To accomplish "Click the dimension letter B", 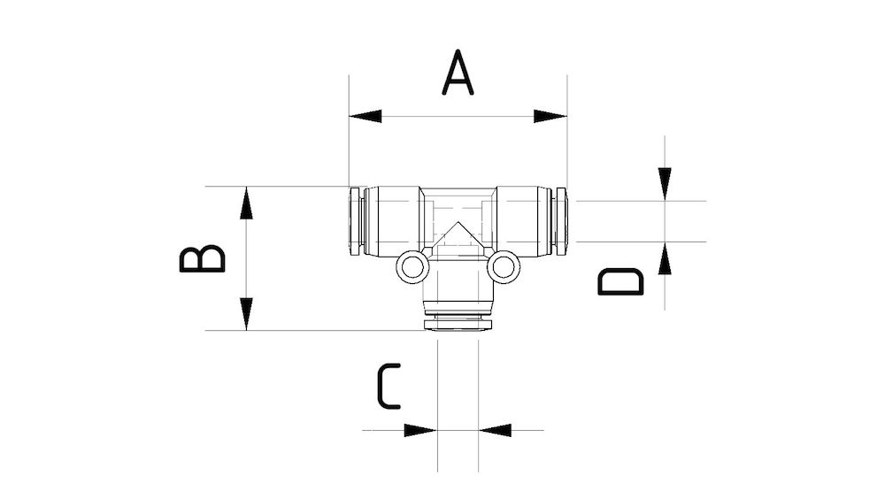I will pyautogui.click(x=203, y=258).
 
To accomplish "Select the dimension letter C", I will pyautogui.click(x=389, y=387).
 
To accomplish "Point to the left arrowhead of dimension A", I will pyautogui.click(x=366, y=116).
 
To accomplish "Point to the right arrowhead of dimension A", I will pyautogui.click(x=550, y=116).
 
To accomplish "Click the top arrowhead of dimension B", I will pyautogui.click(x=247, y=203).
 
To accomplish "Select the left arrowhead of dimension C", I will pyautogui.click(x=419, y=431).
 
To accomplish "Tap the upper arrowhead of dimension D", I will pyautogui.click(x=665, y=184).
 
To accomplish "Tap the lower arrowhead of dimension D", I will pyautogui.click(x=665, y=259).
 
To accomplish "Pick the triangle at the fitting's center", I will pyautogui.click(x=458, y=236).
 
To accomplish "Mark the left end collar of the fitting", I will pyautogui.click(x=355, y=222).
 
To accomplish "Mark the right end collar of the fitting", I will pyautogui.click(x=560, y=222).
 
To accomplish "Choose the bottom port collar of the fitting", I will pyautogui.click(x=458, y=320).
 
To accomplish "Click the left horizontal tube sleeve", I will pyautogui.click(x=393, y=222).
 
